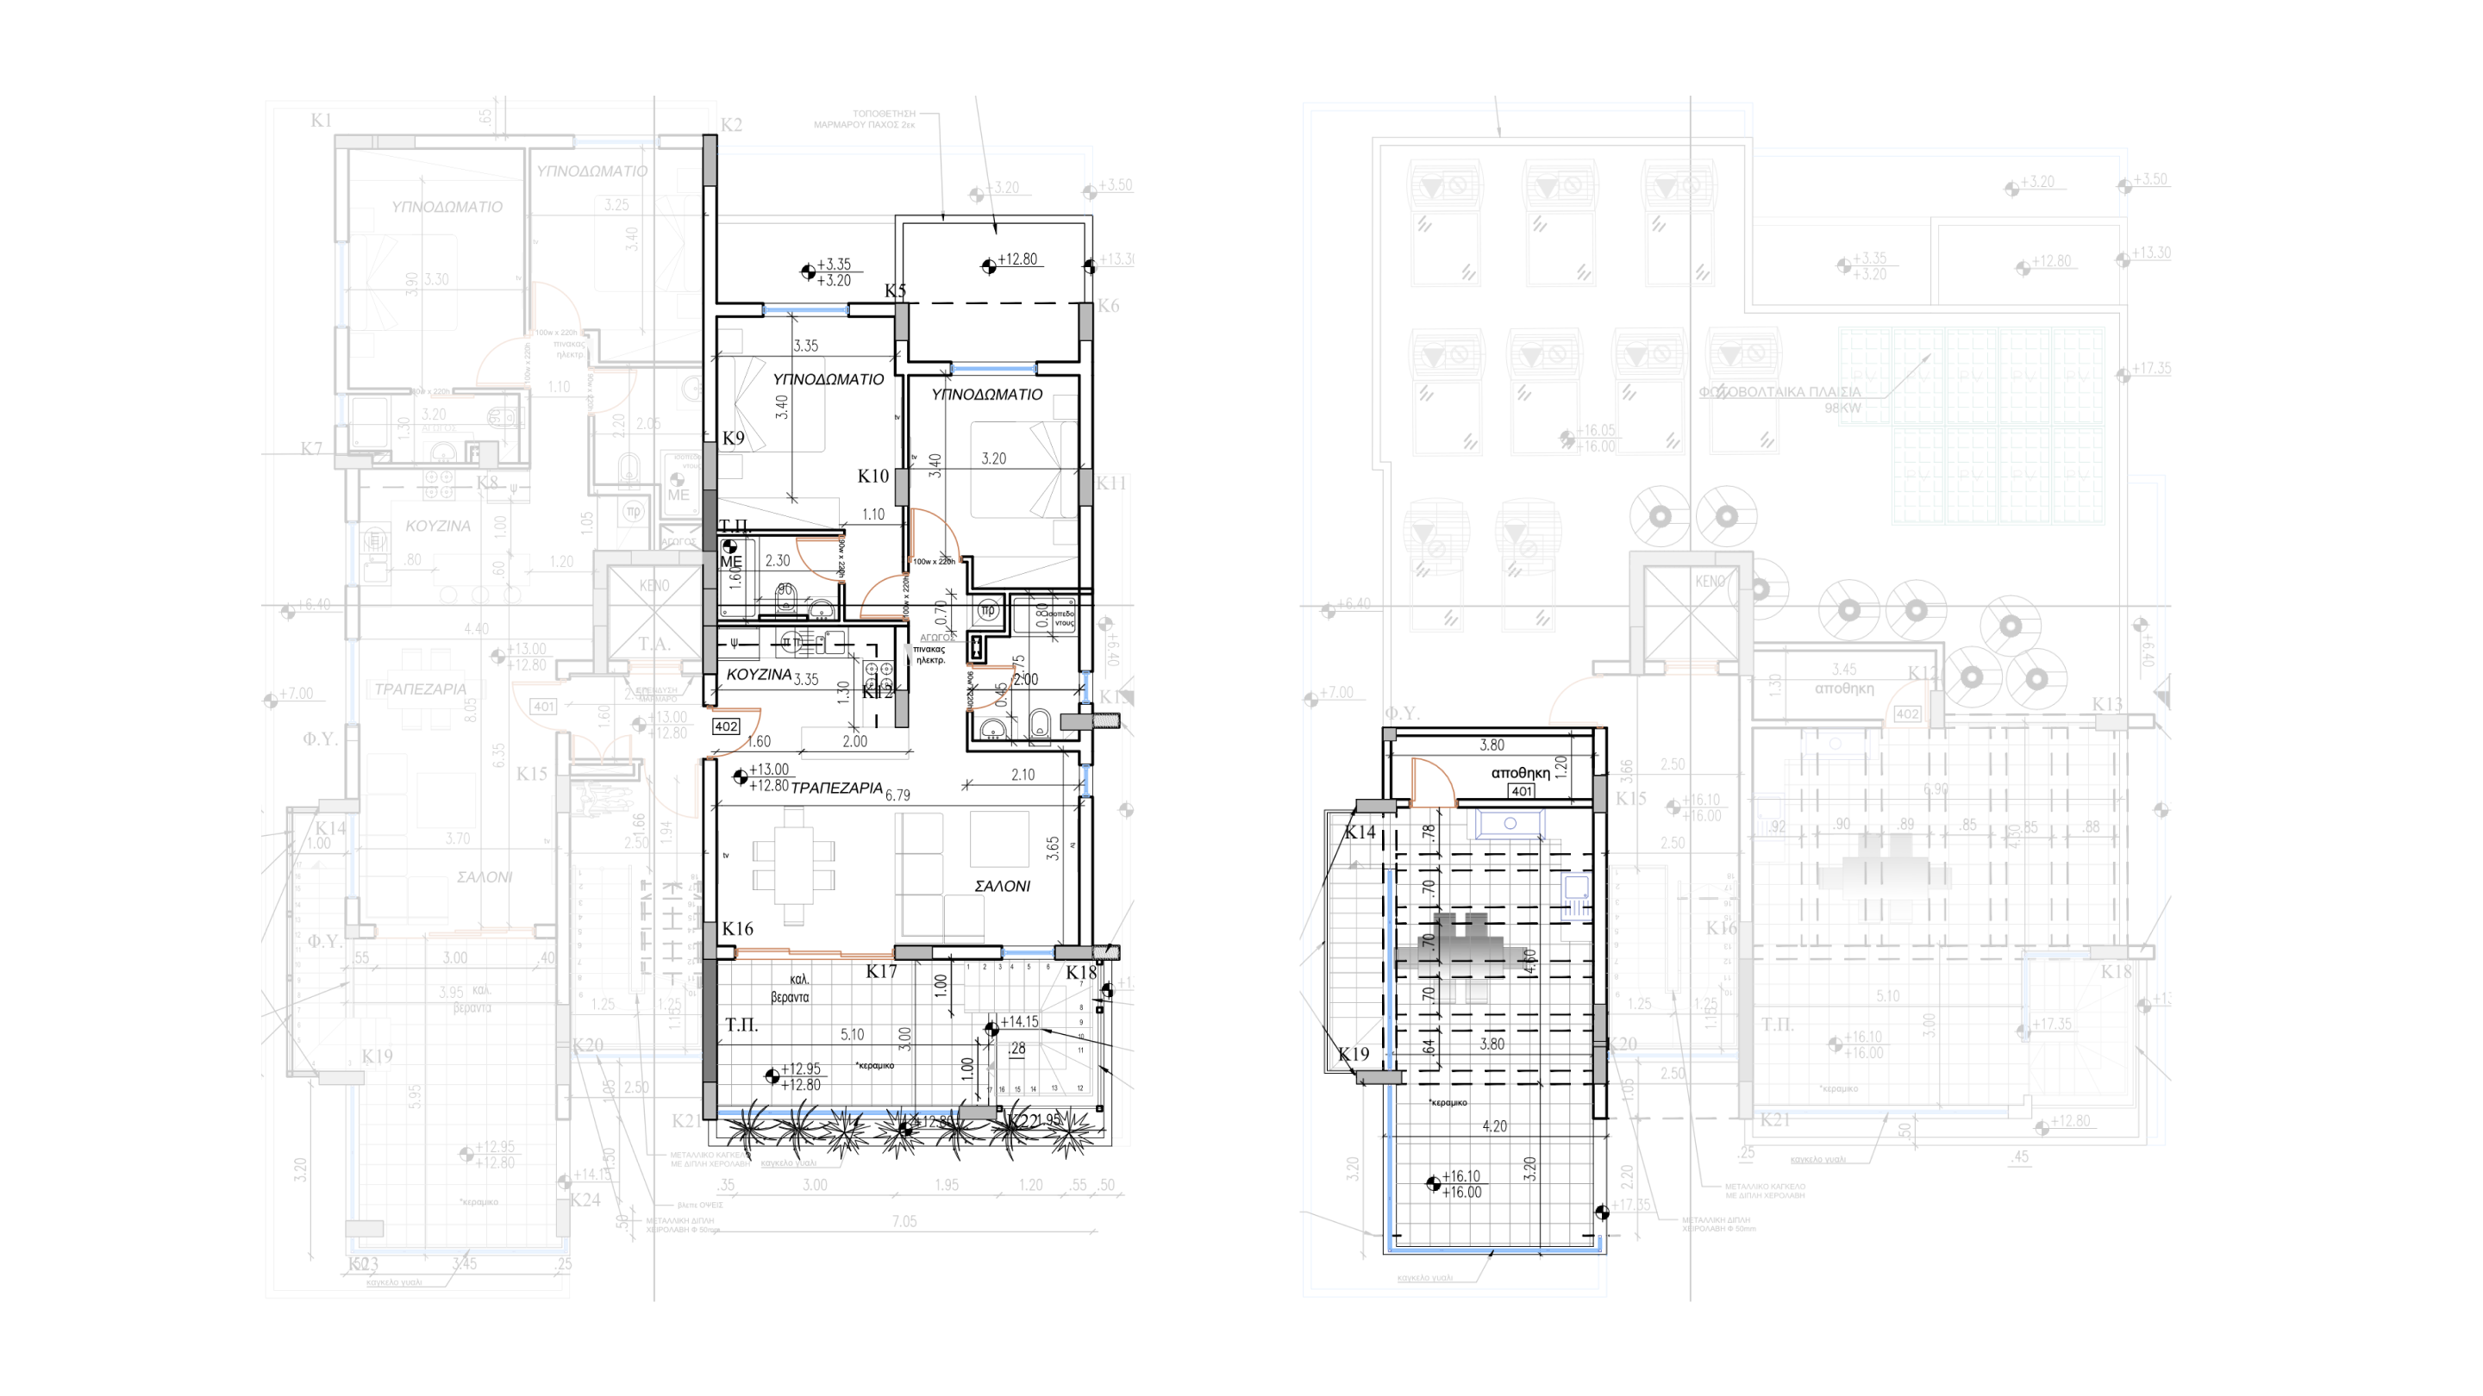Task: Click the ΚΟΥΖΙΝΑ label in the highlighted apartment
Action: (759, 676)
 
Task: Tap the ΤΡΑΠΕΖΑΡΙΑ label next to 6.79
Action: (836, 788)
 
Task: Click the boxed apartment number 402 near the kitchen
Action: (726, 726)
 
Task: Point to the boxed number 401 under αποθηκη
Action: (1521, 791)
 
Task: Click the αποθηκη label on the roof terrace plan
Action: (1520, 773)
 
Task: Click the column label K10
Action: (873, 476)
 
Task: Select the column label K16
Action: (737, 929)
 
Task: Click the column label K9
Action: (734, 439)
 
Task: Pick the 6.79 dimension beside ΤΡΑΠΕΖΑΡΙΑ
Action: (898, 795)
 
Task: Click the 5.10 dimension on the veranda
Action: (852, 1035)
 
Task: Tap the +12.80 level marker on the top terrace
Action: (1017, 259)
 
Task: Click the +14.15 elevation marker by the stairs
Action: (1019, 1022)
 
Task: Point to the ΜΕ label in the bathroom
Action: (730, 562)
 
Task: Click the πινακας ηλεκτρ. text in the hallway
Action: (930, 654)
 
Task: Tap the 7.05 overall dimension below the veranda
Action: (904, 1222)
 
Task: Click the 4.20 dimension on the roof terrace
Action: (1494, 1125)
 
